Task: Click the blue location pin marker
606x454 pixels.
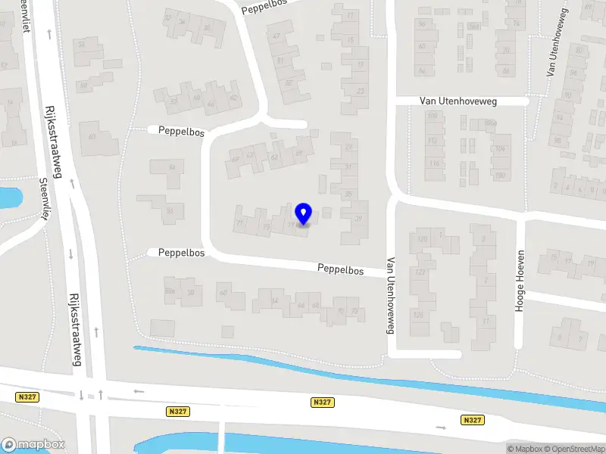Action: (304, 214)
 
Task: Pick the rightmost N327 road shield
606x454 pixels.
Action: (472, 420)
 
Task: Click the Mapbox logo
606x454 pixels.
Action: (32, 444)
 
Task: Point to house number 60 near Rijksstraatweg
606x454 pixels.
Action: (92, 137)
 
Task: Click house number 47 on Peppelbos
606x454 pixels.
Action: (277, 36)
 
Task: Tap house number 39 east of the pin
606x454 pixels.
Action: (359, 219)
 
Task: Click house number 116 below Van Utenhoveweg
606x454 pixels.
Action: (434, 163)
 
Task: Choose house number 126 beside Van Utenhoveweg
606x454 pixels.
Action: (417, 315)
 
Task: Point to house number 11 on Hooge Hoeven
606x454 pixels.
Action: (485, 322)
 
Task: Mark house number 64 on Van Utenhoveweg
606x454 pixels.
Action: (422, 71)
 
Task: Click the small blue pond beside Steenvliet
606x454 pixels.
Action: (9, 198)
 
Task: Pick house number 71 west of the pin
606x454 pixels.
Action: (239, 225)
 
